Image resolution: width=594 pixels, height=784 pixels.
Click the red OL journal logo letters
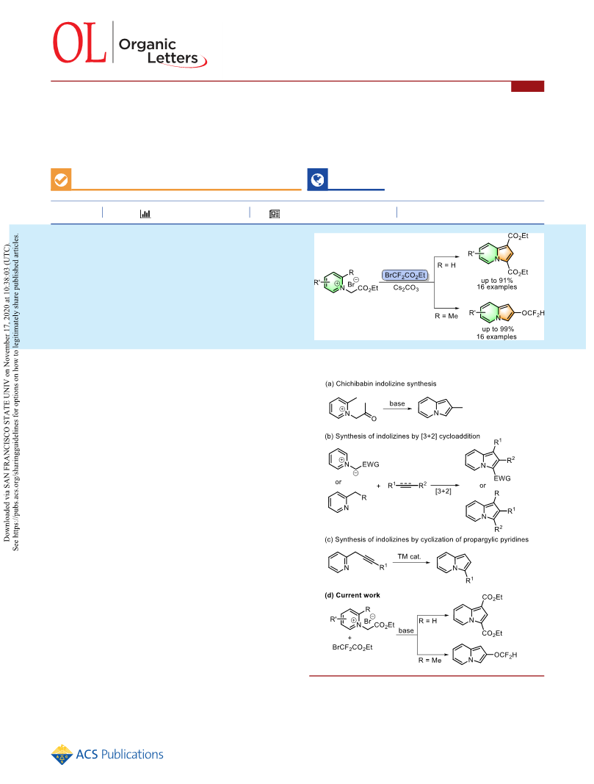click(x=79, y=43)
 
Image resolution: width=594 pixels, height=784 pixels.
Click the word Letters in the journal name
click(x=173, y=58)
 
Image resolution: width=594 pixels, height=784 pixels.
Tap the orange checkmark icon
click(x=61, y=179)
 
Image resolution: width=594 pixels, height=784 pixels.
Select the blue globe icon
click(x=317, y=179)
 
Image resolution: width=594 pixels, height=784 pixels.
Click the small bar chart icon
click(x=145, y=214)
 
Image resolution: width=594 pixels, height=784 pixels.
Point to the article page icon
click(x=275, y=214)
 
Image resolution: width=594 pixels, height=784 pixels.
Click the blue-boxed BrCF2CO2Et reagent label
click(x=405, y=275)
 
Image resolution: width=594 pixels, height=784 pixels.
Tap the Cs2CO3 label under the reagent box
click(x=405, y=288)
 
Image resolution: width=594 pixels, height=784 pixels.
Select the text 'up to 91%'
click(x=496, y=281)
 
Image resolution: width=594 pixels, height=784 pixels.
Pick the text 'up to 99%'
click(x=498, y=329)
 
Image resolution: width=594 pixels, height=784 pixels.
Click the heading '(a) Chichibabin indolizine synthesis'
click(x=380, y=384)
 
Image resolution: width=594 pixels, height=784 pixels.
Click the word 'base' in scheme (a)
click(x=397, y=403)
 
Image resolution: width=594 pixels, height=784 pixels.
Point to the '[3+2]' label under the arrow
click(x=443, y=492)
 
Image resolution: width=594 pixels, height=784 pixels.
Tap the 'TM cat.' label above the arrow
click(x=409, y=556)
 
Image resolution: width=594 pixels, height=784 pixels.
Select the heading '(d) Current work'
click(x=352, y=595)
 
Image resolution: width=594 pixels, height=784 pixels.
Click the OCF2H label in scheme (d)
click(x=506, y=655)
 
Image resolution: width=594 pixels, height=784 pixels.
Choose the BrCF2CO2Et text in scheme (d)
click(x=352, y=647)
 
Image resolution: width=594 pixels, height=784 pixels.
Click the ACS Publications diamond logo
click(x=62, y=755)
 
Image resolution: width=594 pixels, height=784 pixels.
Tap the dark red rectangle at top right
click(x=528, y=86)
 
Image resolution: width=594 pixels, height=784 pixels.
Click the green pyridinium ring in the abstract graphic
click(x=334, y=282)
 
